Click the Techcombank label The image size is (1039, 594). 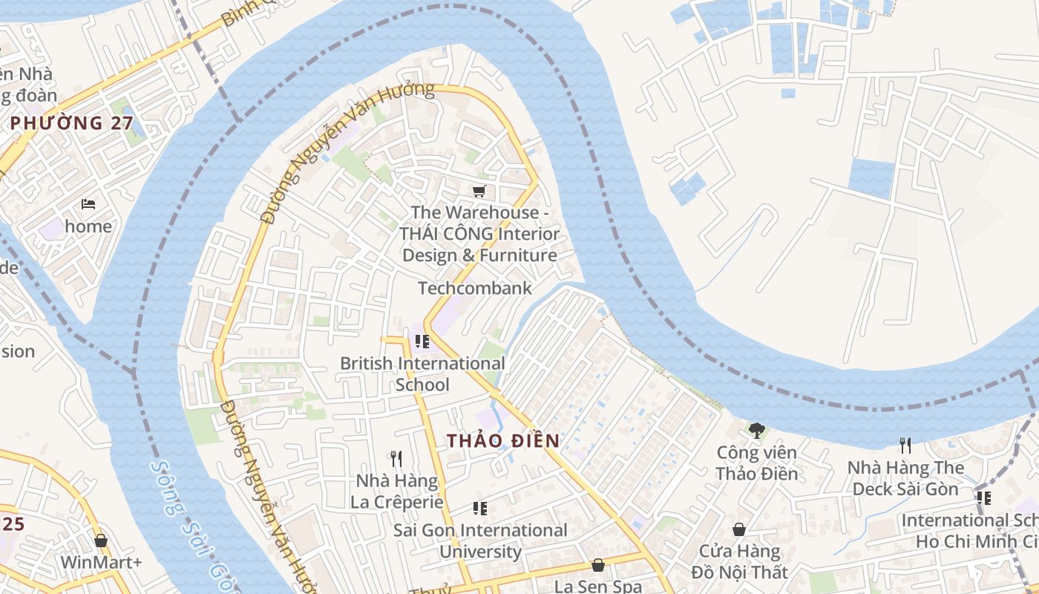pos(475,288)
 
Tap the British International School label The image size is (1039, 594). pos(422,373)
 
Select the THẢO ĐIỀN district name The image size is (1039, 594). pos(503,440)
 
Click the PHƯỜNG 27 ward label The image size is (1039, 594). pos(72,123)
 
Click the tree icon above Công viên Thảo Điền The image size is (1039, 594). pos(757,430)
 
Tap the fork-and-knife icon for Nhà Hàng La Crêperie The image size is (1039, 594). pos(396,459)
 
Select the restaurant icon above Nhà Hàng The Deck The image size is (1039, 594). pos(905,446)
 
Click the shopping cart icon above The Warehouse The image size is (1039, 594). pos(479,192)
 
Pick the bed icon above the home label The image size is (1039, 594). pos(88,204)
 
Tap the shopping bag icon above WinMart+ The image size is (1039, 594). pos(101,541)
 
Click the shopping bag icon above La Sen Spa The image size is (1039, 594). pos(597,565)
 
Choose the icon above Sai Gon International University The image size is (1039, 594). pos(480,509)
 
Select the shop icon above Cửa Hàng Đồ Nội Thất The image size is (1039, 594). pos(739,529)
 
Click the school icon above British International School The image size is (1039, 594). pos(422,342)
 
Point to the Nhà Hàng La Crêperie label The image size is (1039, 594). pos(396,492)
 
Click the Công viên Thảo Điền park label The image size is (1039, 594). pos(757,463)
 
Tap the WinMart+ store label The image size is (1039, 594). pos(101,562)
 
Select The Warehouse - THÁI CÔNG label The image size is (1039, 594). pos(479,234)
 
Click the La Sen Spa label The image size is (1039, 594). pos(597,586)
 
